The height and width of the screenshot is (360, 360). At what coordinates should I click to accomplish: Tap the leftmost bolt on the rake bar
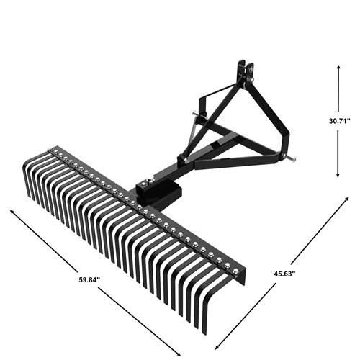point(51,151)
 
